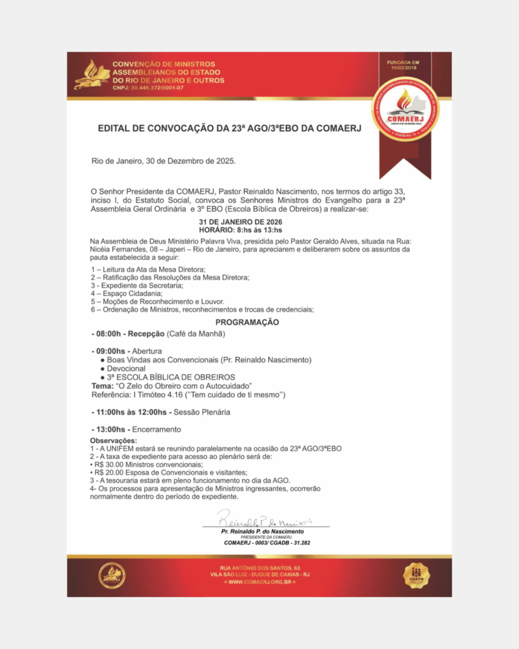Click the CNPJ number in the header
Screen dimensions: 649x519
click(148, 87)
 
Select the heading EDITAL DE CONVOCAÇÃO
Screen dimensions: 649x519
click(229, 129)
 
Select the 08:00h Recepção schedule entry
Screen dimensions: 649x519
click(158, 333)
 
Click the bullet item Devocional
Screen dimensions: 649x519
click(126, 368)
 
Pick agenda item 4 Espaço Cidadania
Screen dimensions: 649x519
click(127, 293)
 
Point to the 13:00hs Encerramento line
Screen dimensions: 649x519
click(136, 430)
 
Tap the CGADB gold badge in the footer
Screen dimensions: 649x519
click(416, 575)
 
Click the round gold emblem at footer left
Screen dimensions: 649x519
click(112, 575)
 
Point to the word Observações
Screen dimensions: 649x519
click(113, 440)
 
